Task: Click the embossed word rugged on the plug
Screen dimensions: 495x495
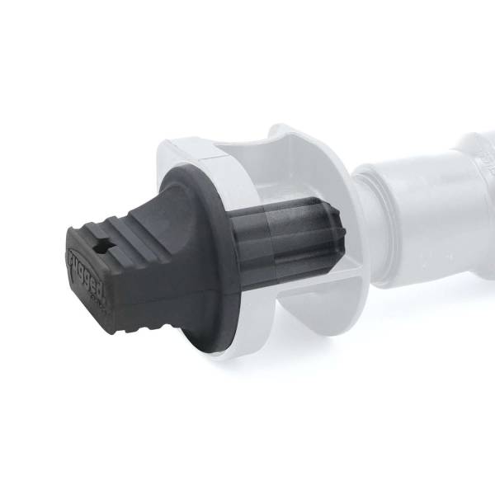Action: [x=82, y=276]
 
